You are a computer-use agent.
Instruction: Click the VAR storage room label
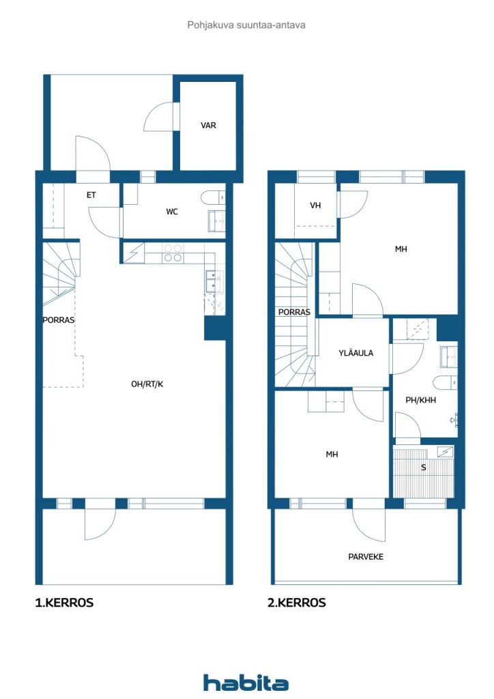click(x=208, y=126)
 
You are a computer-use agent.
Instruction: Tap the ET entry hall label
click(x=91, y=195)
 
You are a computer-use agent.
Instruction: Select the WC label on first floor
click(x=172, y=212)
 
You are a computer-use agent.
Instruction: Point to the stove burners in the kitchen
click(x=173, y=253)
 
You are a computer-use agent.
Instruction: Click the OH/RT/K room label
click(x=147, y=384)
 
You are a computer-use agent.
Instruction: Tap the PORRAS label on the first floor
click(x=58, y=319)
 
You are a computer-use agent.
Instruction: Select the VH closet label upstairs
click(x=315, y=205)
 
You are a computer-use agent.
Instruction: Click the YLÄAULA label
click(x=355, y=353)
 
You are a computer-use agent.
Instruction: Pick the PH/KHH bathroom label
click(x=420, y=401)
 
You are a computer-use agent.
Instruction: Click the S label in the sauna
click(x=423, y=468)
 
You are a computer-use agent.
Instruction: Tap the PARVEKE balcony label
click(x=366, y=557)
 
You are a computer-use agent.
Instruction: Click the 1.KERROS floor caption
click(x=64, y=603)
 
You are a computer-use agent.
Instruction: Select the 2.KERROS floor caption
click(x=297, y=603)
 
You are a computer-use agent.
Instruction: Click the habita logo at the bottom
click(x=246, y=683)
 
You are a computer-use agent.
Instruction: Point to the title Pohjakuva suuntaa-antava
click(x=246, y=25)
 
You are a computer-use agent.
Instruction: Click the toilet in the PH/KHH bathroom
click(x=443, y=382)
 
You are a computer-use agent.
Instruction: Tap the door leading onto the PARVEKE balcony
click(x=368, y=520)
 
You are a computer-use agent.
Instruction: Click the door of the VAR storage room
click(x=160, y=116)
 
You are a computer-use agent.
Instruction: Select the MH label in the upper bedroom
click(x=401, y=249)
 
